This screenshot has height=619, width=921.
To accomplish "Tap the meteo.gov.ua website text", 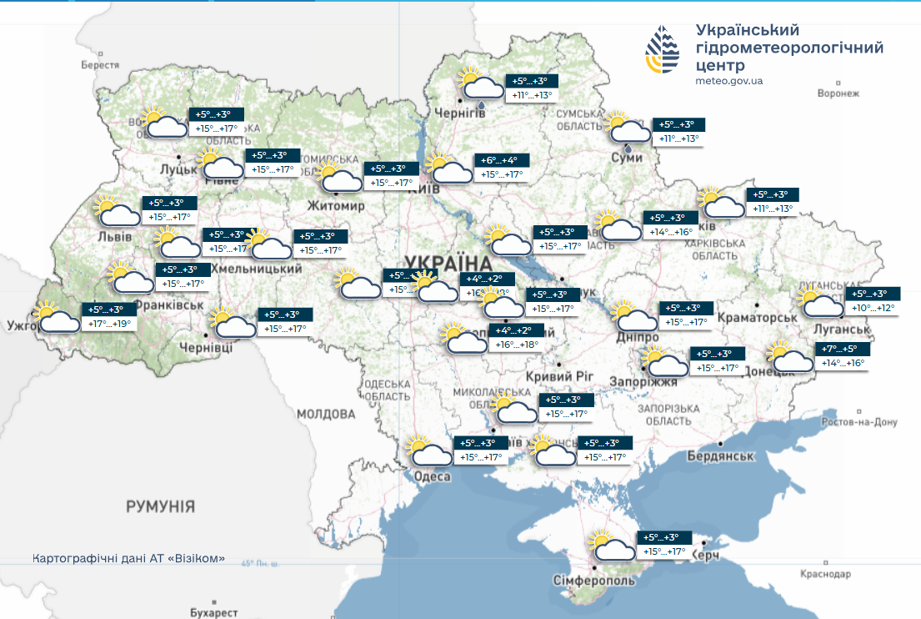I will coord(728,81).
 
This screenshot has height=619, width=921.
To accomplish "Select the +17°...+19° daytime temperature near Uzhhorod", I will coord(111,324).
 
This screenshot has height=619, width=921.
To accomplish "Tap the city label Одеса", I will coord(432,476).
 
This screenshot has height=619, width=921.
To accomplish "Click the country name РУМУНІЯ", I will coord(161,506).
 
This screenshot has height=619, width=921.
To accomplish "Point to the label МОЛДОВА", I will coord(326,414).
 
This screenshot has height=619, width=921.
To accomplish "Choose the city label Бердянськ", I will coord(721,456).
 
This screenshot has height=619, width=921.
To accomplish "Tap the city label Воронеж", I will coord(838,93).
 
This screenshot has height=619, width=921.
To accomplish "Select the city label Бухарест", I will coord(214,612).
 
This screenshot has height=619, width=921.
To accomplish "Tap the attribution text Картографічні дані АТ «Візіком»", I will coord(128,558).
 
